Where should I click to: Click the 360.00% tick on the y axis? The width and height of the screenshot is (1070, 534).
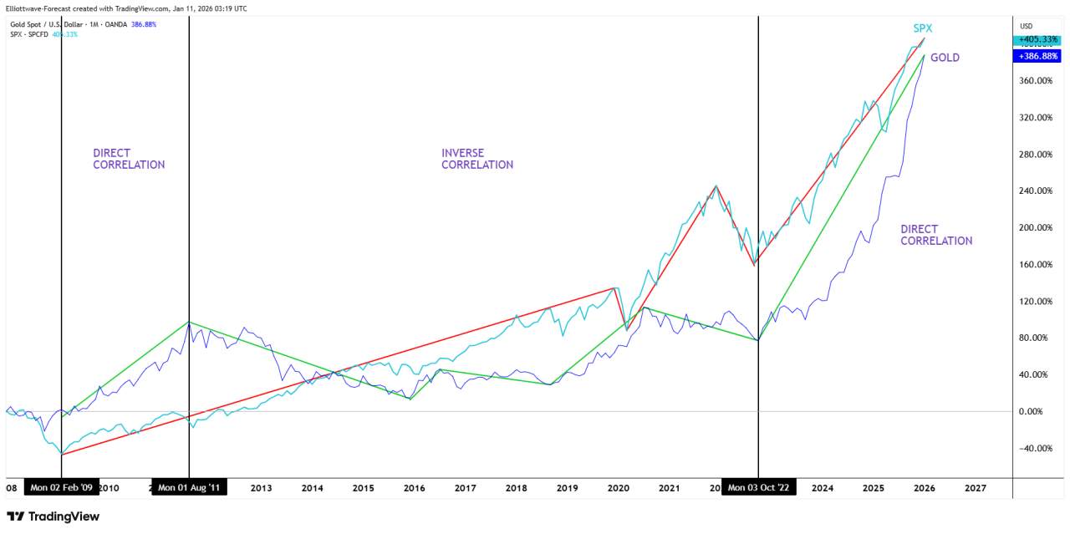pos(1034,81)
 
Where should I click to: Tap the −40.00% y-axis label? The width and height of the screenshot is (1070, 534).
pos(1035,449)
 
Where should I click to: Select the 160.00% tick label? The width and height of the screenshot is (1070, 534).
pos(1034,265)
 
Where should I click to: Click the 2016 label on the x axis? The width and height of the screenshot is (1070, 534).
pos(414,488)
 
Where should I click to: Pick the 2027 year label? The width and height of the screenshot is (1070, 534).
pos(975,488)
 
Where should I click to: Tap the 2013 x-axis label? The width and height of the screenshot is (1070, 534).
pos(261,488)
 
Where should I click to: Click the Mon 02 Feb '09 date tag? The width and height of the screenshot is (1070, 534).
pos(62,488)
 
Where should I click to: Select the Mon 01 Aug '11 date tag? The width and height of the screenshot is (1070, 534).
pos(189,488)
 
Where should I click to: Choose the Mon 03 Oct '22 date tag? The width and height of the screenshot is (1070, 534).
pos(758,488)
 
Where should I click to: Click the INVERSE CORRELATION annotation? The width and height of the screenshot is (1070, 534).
pos(476,159)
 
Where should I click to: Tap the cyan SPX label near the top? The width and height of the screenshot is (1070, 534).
pos(922,28)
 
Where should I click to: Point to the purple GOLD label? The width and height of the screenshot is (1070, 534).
pos(945,58)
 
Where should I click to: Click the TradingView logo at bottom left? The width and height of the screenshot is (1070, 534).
pos(53,516)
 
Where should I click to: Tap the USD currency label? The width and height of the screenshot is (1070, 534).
pos(1027,25)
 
